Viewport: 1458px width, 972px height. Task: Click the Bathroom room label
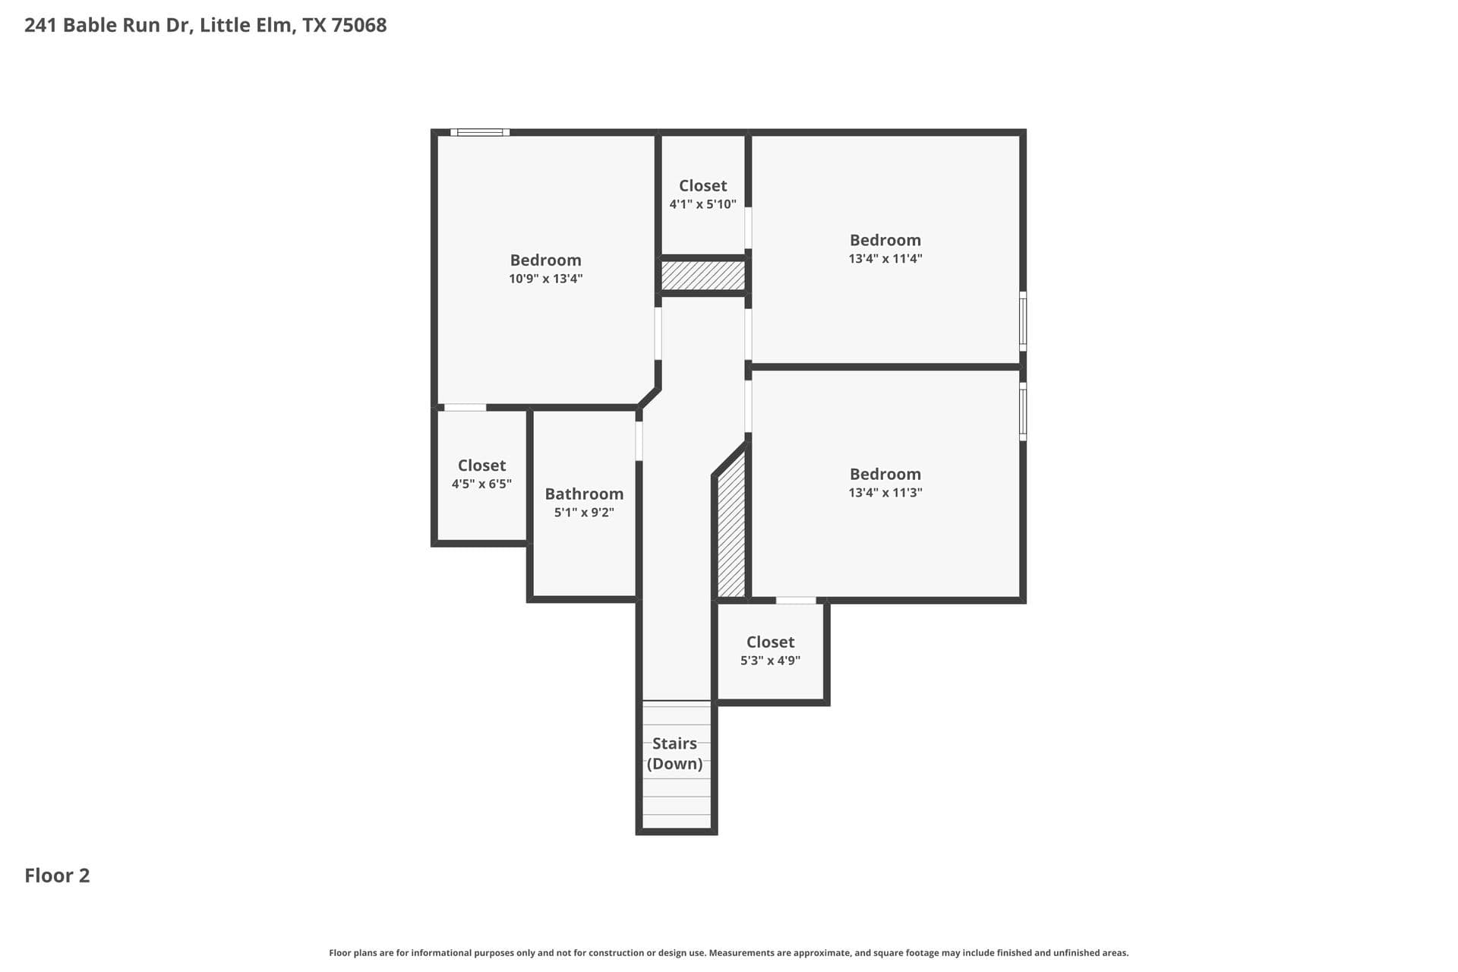584,494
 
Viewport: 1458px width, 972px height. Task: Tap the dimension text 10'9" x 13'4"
545,279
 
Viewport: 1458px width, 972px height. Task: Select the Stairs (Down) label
674,753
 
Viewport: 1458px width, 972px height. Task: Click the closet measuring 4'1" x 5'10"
702,194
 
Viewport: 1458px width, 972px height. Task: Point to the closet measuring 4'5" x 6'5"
481,475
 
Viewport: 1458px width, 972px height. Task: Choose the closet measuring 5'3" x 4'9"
770,651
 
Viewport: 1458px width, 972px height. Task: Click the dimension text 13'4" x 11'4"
885,259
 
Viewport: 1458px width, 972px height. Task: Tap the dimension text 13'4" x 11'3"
885,493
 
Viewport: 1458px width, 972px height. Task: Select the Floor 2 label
57,876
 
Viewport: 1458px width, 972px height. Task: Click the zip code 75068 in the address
359,25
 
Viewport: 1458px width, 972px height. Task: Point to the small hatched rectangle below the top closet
702,275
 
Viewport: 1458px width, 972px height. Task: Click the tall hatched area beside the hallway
731,528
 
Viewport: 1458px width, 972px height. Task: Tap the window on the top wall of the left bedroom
480,132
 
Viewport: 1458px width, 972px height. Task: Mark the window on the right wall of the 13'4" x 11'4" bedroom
1023,321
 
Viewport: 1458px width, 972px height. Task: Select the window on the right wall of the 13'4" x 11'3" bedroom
1023,412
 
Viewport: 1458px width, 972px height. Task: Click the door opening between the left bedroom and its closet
465,408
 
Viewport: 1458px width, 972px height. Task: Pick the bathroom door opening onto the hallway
639,440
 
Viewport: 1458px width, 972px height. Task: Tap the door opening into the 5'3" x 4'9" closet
796,601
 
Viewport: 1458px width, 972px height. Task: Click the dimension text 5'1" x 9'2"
584,513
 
